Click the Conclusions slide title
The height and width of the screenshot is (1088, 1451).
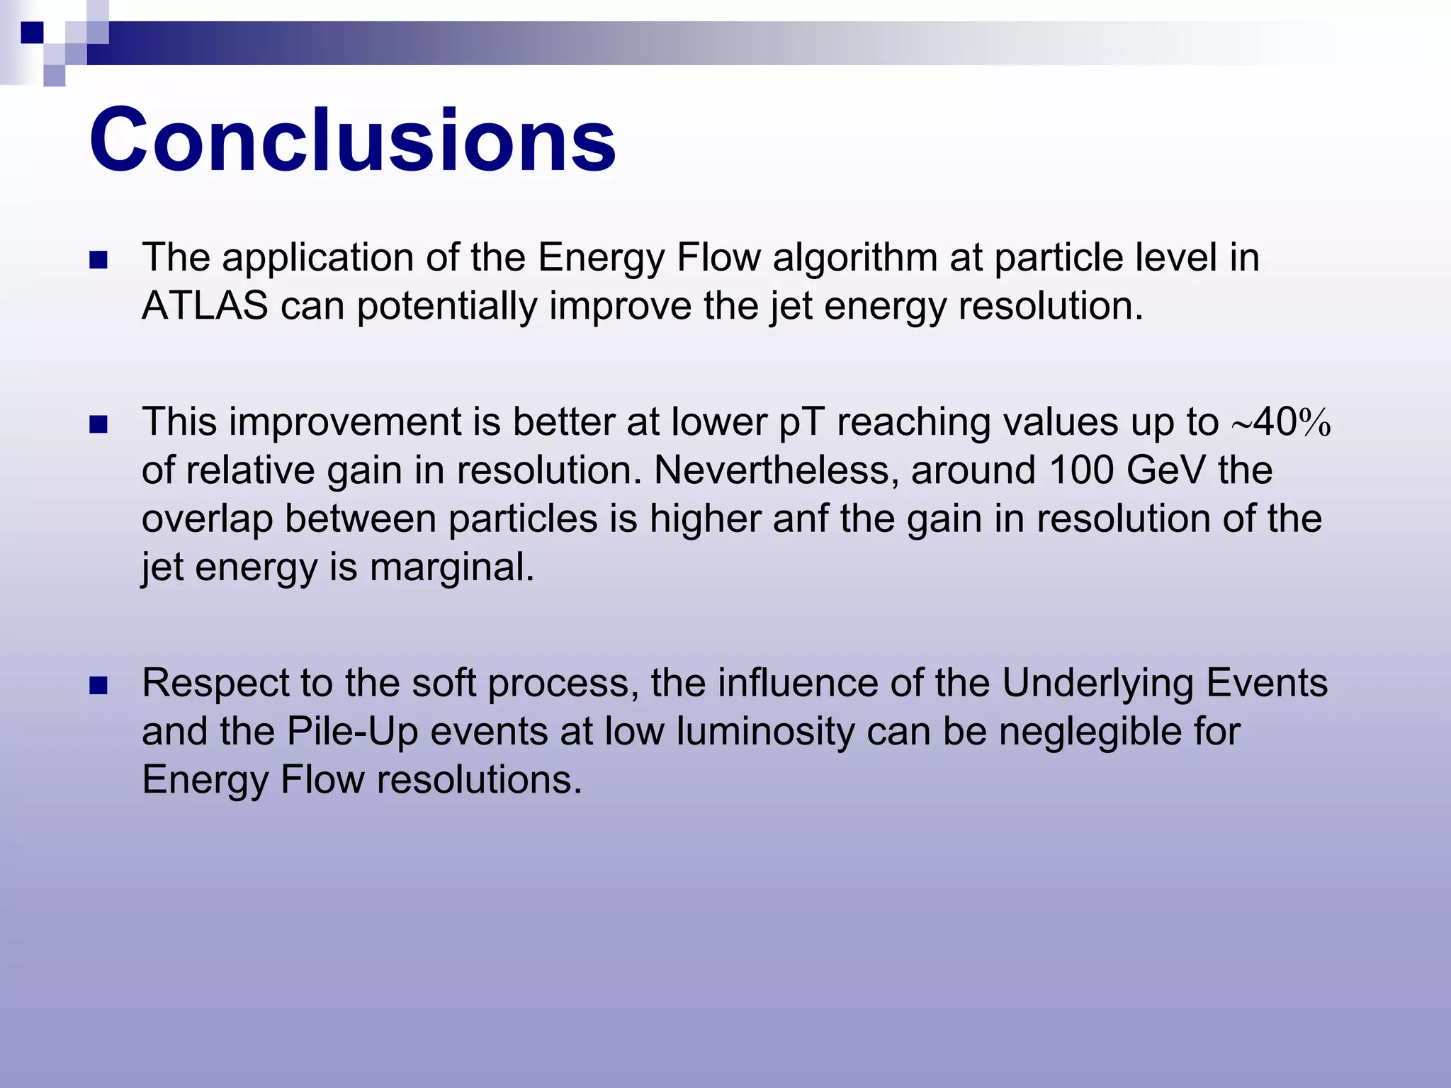pos(352,140)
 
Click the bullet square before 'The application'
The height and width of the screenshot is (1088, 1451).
pos(98,260)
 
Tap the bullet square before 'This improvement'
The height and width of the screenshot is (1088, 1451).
pos(98,424)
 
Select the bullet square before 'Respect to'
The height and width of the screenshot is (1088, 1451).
pos(98,686)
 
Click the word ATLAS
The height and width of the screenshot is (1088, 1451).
pos(205,306)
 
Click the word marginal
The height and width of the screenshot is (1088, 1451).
pos(451,567)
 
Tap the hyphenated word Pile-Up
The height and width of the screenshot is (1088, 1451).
pos(352,732)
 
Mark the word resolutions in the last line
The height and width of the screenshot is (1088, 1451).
pos(479,780)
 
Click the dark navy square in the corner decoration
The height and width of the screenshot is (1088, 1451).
pos(32,33)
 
